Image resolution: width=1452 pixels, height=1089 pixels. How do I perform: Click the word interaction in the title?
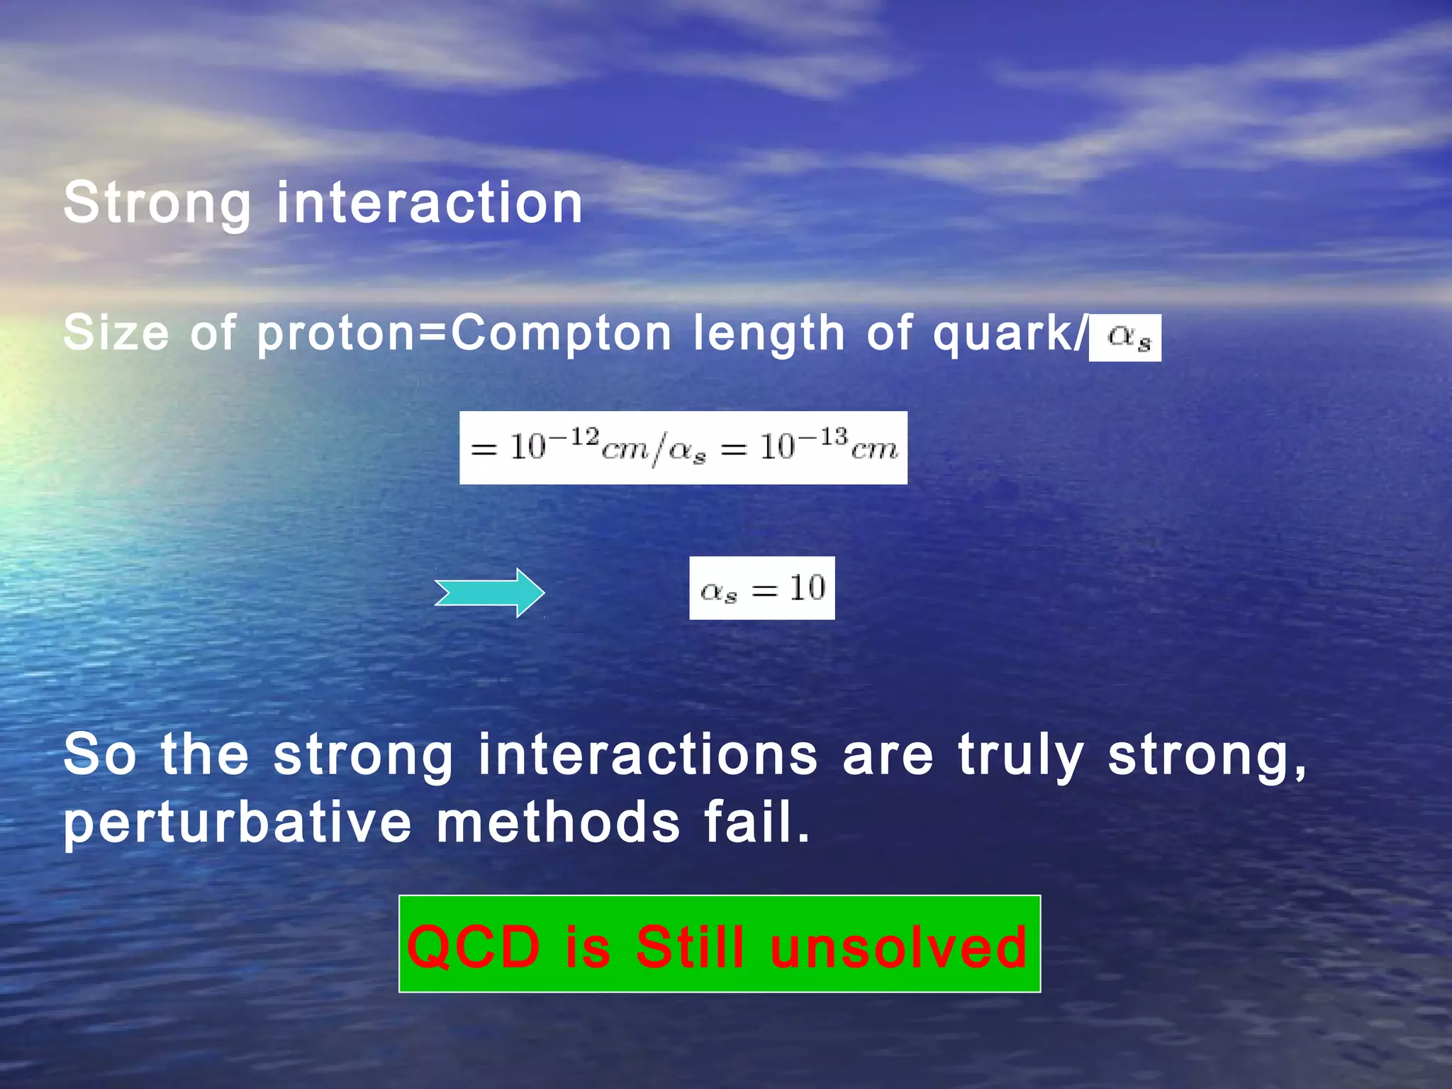429,203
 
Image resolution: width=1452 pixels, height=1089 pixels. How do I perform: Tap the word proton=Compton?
464,333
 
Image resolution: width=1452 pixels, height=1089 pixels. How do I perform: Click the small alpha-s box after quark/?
1125,337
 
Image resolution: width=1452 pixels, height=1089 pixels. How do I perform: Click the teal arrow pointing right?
490,593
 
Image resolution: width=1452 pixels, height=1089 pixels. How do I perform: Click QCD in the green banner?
474,946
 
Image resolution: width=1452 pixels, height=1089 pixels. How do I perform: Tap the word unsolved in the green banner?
898,946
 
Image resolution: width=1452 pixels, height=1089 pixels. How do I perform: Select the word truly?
1021,754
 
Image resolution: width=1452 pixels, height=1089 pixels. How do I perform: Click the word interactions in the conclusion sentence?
647,754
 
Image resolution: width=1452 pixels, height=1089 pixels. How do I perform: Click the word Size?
116,333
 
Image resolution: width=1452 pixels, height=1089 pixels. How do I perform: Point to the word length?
769,333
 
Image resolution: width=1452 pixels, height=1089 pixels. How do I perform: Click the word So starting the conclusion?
99,754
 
